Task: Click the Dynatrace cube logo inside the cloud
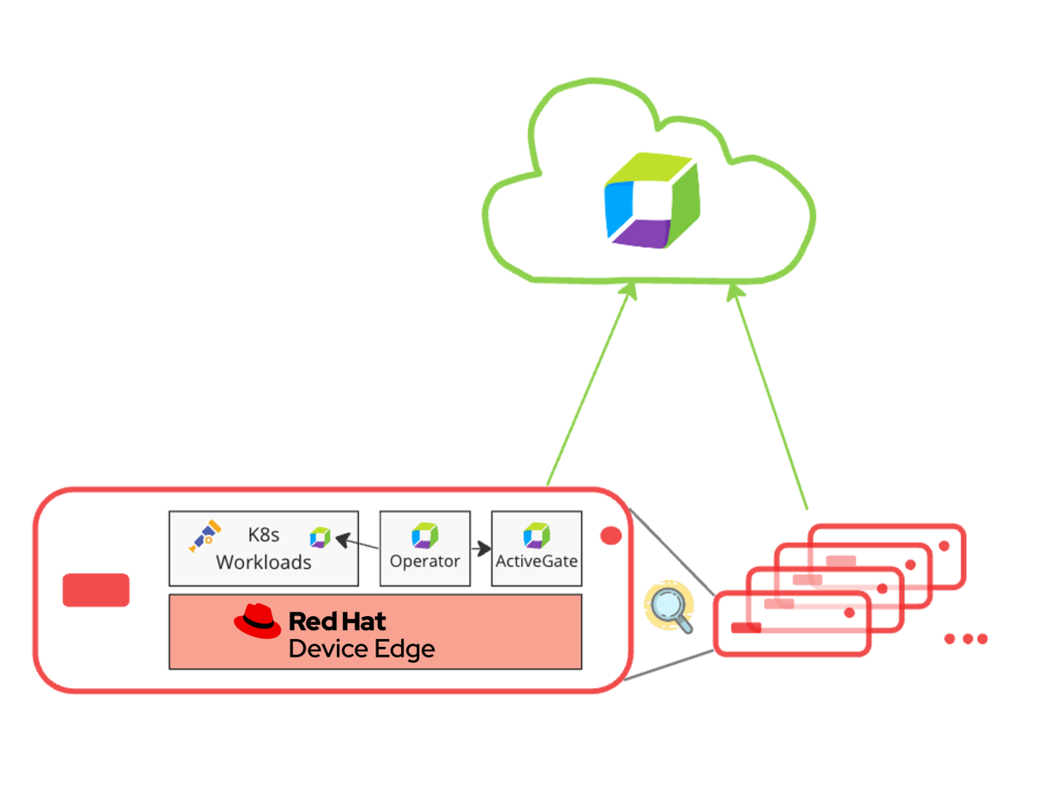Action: (651, 202)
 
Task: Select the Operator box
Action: (425, 549)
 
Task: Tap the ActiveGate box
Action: (536, 549)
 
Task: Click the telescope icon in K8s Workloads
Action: (204, 535)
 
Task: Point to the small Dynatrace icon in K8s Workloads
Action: (320, 537)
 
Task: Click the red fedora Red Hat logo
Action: (257, 621)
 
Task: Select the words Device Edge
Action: (362, 650)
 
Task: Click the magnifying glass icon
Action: (670, 608)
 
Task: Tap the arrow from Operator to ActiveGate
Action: (481, 549)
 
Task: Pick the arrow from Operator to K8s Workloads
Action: (356, 542)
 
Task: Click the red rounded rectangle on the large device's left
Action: (96, 590)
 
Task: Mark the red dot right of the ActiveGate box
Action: (611, 535)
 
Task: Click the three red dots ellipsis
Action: (966, 639)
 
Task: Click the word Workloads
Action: (263, 563)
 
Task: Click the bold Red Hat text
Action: (337, 621)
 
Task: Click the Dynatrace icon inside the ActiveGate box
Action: (536, 535)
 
